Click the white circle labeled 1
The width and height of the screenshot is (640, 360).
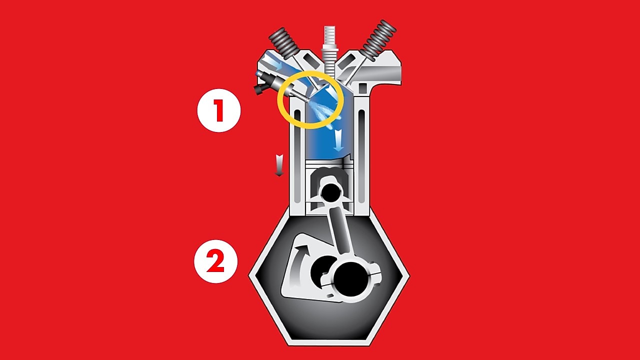point(218,111)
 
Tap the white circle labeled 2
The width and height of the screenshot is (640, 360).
point(215,262)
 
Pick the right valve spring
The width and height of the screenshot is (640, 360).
point(378,38)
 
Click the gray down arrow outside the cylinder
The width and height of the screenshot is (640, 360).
point(279,165)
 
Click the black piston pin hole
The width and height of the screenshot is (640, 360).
point(330,191)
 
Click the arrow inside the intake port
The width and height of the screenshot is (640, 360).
point(272,64)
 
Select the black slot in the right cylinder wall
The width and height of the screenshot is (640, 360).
point(361,150)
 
